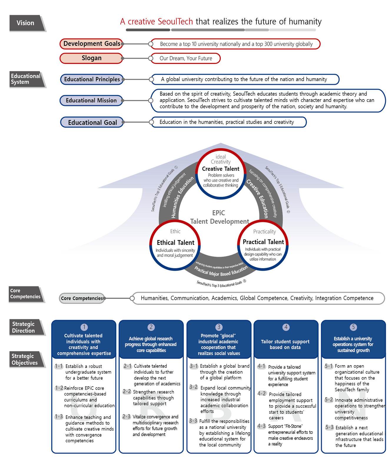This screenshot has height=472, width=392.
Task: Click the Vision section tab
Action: pos(26,23)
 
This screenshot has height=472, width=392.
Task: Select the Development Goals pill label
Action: pos(92,44)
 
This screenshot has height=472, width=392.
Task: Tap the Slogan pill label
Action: pos(92,58)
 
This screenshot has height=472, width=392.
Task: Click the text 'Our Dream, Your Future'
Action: pos(186,58)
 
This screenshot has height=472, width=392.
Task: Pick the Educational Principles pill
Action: pos(92,79)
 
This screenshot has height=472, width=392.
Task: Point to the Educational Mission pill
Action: pos(91,101)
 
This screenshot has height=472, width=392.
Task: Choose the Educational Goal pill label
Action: pos(92,122)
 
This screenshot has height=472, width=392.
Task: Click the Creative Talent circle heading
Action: pos(221,169)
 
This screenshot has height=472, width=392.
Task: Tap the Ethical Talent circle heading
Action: pos(175,243)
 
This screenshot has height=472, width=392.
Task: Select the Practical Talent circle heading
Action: pos(263,242)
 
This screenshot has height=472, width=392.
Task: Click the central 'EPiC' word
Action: pos(218,213)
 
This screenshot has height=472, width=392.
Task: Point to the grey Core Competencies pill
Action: pos(82,298)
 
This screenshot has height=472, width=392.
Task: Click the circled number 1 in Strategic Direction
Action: pos(84,327)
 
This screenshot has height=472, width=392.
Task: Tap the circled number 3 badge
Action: pos(219,327)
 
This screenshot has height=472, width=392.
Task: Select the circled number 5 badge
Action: pos(353,327)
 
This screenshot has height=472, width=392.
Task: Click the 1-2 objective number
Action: pos(59,388)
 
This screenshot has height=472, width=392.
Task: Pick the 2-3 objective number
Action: pos(127,417)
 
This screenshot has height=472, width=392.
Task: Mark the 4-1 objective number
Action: pos(261,366)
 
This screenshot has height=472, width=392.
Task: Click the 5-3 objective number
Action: pos(329,427)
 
